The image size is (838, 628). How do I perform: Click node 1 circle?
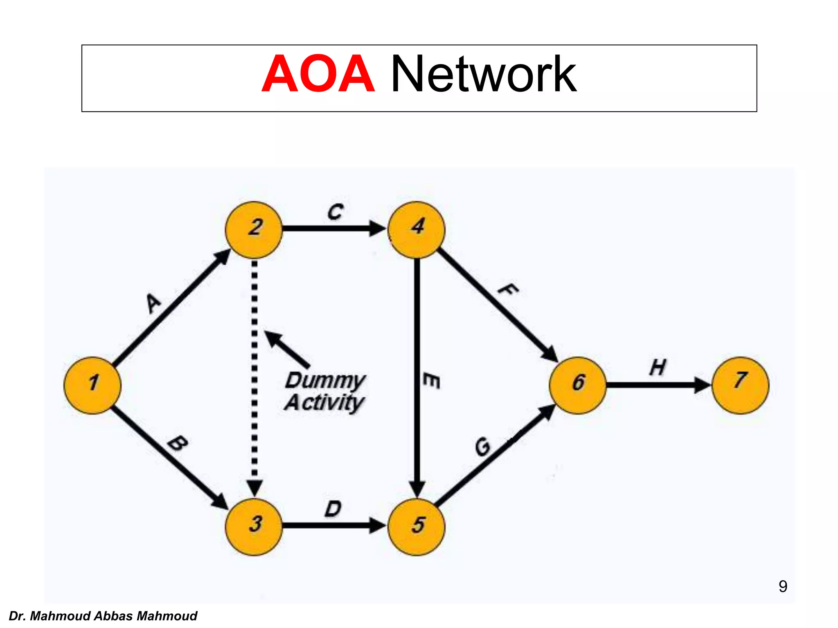click(92, 385)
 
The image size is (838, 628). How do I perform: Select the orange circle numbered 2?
click(254, 230)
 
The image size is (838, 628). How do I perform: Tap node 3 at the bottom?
click(254, 527)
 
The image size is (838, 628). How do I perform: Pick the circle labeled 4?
click(417, 230)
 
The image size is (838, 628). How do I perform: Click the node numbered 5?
click(417, 527)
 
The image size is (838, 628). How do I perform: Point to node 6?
click(577, 385)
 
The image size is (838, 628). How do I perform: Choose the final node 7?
click(740, 385)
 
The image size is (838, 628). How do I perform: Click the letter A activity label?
click(154, 303)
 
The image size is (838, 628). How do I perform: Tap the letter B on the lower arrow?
click(178, 443)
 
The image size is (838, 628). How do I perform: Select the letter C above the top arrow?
click(336, 212)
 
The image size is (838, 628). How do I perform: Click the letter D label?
click(333, 509)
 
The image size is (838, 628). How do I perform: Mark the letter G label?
click(483, 446)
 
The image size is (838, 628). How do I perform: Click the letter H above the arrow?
click(658, 367)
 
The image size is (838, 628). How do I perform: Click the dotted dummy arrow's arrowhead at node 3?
click(255, 488)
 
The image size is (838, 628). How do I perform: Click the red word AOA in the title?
click(318, 74)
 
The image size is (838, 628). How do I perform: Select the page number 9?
click(782, 586)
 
